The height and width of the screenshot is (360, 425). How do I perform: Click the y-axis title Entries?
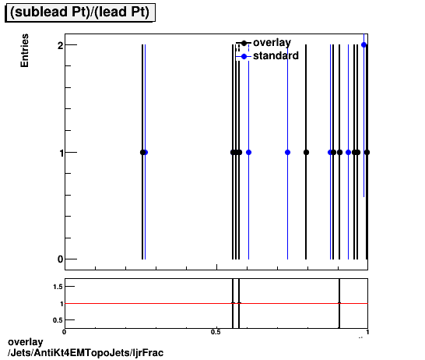click(x=25, y=51)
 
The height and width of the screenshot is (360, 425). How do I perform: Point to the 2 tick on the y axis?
click(x=59, y=45)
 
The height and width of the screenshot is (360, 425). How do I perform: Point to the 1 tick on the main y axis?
click(x=59, y=152)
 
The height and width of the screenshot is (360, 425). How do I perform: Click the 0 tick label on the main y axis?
click(x=59, y=259)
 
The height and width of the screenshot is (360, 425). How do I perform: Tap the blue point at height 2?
click(x=364, y=45)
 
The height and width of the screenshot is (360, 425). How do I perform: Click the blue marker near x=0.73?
click(x=287, y=152)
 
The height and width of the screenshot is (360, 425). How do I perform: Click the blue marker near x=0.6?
click(x=248, y=152)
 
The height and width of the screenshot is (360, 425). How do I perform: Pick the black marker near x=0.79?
click(x=306, y=152)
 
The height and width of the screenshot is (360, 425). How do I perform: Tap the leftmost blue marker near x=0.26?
click(x=145, y=152)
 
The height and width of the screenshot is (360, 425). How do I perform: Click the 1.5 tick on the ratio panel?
click(x=58, y=287)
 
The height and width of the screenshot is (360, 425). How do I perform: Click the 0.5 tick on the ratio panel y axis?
click(x=58, y=319)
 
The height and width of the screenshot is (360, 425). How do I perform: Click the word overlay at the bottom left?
click(x=23, y=343)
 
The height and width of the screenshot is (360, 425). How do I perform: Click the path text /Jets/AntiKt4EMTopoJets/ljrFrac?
click(x=85, y=353)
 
